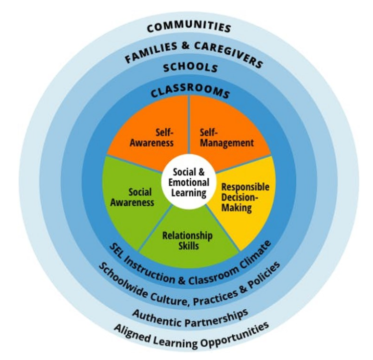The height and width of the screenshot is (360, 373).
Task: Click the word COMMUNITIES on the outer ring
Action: (189, 27)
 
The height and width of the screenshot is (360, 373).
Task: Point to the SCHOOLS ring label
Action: (190, 68)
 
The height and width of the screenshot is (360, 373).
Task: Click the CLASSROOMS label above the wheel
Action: (190, 91)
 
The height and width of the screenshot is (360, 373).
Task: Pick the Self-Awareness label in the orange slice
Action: (152, 138)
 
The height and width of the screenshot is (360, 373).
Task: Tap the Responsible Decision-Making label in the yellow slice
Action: (245, 197)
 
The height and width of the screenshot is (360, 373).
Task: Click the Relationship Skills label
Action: (188, 241)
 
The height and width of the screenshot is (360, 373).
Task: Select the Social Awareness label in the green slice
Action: (132, 197)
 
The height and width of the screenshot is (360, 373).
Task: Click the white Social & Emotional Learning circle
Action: (189, 182)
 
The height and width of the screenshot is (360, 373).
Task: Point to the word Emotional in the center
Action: (189, 182)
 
